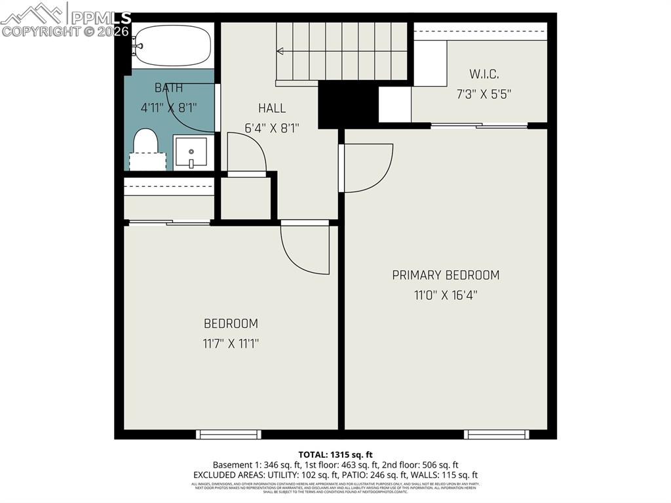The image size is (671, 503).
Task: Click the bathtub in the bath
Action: (172, 46)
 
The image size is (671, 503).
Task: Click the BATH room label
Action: (169, 88)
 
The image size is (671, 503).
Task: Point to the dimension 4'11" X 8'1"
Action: (168, 108)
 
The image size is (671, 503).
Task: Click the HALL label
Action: (271, 108)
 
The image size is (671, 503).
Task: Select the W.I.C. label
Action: (484, 74)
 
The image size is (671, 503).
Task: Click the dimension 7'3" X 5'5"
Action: (484, 94)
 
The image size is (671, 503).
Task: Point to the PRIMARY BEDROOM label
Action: (446, 275)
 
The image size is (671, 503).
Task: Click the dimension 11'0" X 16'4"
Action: (446, 295)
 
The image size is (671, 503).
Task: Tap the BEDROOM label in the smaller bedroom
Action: (231, 323)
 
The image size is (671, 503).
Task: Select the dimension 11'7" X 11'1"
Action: (231, 343)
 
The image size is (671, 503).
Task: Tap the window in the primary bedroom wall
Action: (496, 434)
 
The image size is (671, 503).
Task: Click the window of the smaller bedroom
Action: (229, 434)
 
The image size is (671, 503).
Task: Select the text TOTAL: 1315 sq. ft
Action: (335, 454)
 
